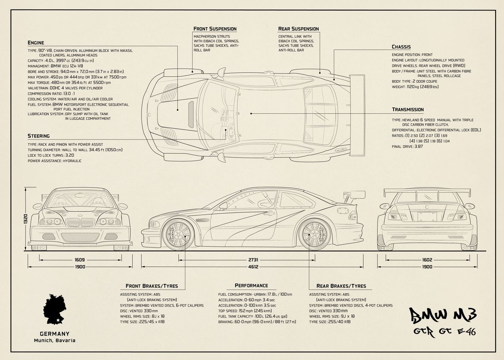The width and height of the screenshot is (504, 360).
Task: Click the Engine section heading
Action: pyautogui.click(x=36, y=42)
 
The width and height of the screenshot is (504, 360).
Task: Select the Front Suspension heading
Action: pyautogui.click(x=215, y=29)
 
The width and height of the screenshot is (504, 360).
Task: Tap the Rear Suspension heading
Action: pyautogui.click(x=298, y=29)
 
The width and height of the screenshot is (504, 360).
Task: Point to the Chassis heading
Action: pyautogui.click(x=401, y=47)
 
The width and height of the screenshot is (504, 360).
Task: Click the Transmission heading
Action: pyautogui.click(x=407, y=110)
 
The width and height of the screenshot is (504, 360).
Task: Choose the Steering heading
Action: pyautogui.click(x=39, y=136)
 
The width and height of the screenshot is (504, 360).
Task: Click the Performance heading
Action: pyautogui.click(x=251, y=286)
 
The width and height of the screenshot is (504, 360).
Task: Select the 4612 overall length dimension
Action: pyautogui.click(x=252, y=267)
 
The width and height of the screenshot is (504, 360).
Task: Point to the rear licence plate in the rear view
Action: pyautogui.click(x=426, y=216)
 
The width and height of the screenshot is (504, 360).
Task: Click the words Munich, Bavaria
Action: pyautogui.click(x=55, y=340)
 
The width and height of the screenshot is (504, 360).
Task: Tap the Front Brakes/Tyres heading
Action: pyautogui.click(x=152, y=286)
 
